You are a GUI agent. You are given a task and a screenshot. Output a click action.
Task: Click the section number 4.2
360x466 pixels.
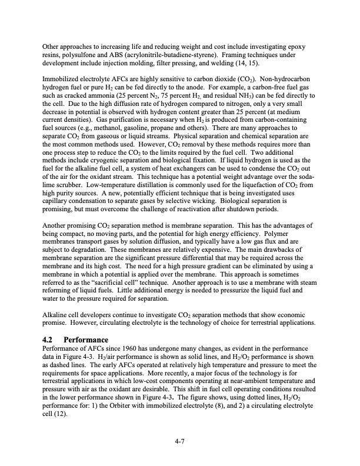(x=51, y=339)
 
